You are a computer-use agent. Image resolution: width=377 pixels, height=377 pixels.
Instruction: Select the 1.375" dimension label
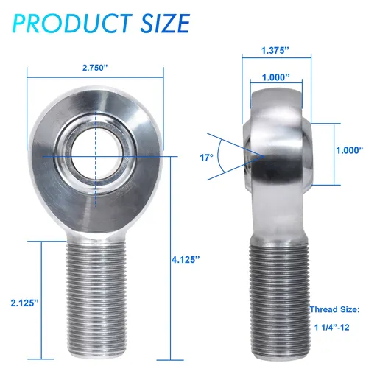275,51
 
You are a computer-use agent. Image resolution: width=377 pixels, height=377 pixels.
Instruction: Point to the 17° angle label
206,158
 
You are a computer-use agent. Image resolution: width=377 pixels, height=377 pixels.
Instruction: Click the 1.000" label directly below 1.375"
274,76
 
